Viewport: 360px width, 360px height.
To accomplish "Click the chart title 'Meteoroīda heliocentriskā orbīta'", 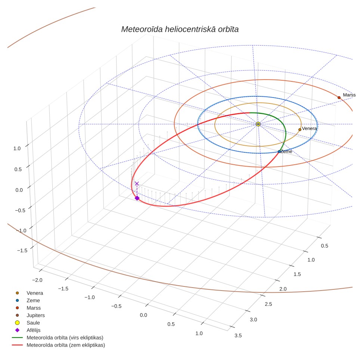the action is pyautogui.click(x=180, y=30).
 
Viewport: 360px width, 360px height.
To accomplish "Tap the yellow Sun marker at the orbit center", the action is pyautogui.click(x=258, y=124).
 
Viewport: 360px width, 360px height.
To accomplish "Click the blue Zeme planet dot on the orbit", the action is pyautogui.click(x=279, y=152).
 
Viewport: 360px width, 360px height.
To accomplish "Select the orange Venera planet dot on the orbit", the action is pyautogui.click(x=300, y=130).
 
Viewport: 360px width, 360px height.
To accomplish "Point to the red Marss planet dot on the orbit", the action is pyautogui.click(x=339, y=97).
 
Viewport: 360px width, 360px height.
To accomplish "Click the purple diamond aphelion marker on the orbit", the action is pyautogui.click(x=137, y=198).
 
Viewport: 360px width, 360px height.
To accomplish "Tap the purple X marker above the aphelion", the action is pyautogui.click(x=137, y=183).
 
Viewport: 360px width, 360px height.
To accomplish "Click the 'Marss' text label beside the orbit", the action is pyautogui.click(x=349, y=95).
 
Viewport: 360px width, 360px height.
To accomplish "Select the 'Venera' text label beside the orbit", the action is pyautogui.click(x=309, y=128).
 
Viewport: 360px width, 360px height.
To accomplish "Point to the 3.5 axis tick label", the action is pyautogui.click(x=238, y=336).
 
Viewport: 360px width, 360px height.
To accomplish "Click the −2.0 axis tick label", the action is pyautogui.click(x=37, y=280).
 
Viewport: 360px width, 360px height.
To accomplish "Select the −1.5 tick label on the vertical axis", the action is pyautogui.click(x=22, y=251).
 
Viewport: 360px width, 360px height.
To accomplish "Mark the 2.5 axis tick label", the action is pyautogui.click(x=268, y=304).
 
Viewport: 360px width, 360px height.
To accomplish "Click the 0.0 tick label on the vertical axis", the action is pyautogui.click(x=19, y=190).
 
